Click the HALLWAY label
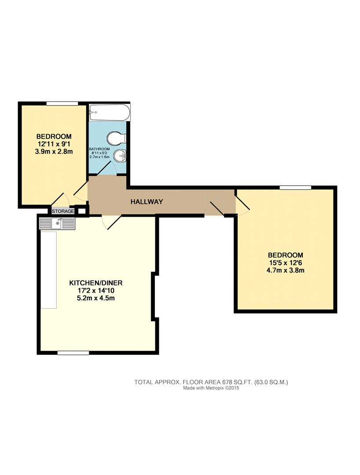pos(147,202)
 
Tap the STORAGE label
pos(63,212)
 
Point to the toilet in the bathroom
pos(119,138)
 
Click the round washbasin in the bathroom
pos(120,156)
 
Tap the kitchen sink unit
pos(57,223)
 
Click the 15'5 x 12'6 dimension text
pos(286,263)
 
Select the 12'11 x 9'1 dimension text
pos(54,144)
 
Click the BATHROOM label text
pos(99,149)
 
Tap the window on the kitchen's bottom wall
pos(73,353)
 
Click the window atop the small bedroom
pos(62,103)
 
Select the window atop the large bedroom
pos(295,187)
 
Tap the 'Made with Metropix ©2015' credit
pos(211,388)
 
